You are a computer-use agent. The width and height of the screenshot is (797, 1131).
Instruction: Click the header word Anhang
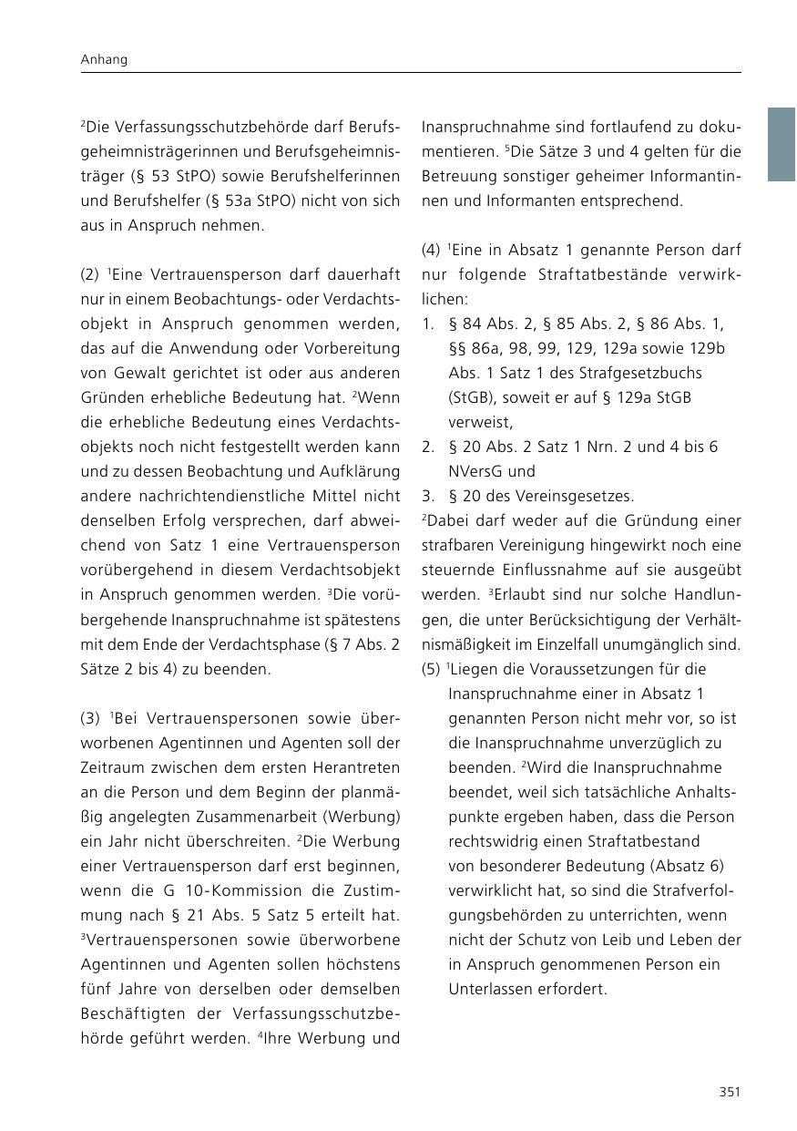tap(103, 60)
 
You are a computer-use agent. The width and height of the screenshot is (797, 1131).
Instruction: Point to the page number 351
tap(729, 1092)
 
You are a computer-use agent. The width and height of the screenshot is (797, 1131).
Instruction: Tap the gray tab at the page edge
tap(781, 144)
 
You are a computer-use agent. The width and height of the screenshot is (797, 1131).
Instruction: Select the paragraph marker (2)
tap(90, 274)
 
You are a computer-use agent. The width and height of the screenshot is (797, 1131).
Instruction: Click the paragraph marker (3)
tap(90, 718)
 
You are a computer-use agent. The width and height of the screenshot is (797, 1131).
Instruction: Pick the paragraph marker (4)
tap(432, 250)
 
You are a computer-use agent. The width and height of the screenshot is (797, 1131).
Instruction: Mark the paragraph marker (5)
tap(432, 669)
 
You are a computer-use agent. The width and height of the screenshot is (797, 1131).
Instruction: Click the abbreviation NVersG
tap(478, 471)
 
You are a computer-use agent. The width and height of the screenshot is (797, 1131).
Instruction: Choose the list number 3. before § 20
tap(428, 496)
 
